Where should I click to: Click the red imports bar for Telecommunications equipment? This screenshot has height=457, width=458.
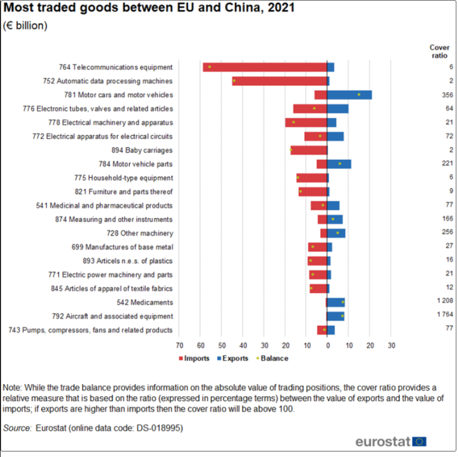point(265,67)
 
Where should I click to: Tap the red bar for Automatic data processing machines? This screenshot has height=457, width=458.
point(280,81)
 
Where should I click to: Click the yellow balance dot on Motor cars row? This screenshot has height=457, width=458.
point(359,94)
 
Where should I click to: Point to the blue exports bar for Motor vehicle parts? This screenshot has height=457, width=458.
point(339,164)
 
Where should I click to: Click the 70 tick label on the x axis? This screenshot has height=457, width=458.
point(180,346)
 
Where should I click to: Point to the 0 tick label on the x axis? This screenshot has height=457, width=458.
point(327,346)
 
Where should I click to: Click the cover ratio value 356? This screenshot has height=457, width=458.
point(448,95)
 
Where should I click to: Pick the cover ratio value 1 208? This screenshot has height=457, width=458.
point(445,302)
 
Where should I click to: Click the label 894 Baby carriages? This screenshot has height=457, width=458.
point(142,150)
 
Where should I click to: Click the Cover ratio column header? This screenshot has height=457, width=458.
point(439,51)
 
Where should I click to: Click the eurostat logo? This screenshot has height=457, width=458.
point(391,442)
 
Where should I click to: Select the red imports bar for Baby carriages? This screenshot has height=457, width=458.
point(308,150)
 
